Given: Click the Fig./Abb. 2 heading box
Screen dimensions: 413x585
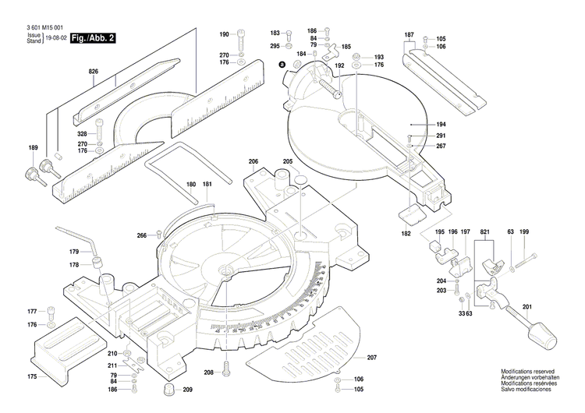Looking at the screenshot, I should pyautogui.click(x=92, y=38).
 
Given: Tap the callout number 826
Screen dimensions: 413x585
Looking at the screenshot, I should pyautogui.click(x=94, y=71).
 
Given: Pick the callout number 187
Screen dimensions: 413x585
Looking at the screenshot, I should pyautogui.click(x=409, y=36).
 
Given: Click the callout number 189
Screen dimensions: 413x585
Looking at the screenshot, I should pyautogui.click(x=33, y=148).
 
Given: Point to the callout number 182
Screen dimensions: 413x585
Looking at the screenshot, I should pyautogui.click(x=406, y=234).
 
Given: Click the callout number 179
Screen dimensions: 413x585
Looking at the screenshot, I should pyautogui.click(x=74, y=252).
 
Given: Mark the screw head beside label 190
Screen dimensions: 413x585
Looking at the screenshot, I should pyautogui.click(x=242, y=35).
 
